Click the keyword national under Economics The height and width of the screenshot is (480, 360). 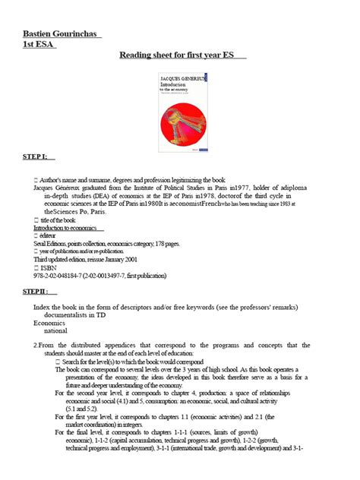click(x=56, y=331)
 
